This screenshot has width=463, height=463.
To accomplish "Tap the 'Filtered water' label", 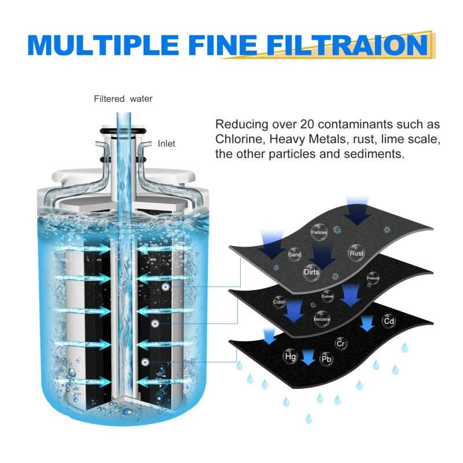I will (123, 99).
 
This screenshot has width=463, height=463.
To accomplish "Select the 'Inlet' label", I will (166, 144).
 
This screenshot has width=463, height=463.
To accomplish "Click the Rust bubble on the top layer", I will (356, 252).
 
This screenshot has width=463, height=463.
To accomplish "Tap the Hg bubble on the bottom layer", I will (290, 357).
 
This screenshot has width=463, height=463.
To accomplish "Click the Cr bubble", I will (341, 344).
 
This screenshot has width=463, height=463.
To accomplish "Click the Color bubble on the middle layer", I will (280, 302).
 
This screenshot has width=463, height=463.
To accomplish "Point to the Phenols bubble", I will (373, 278).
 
